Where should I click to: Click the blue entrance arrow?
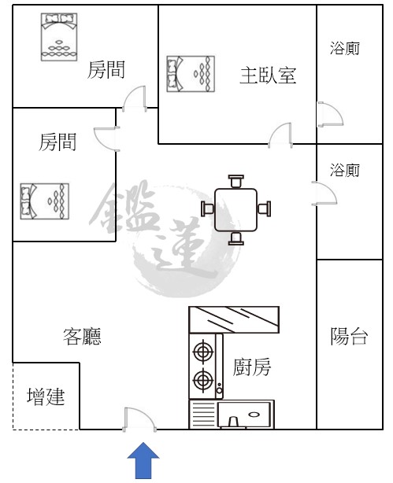(x=143, y=460)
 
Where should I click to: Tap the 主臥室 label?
(x=268, y=76)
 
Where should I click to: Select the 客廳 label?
(x=82, y=337)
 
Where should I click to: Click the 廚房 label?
(x=252, y=367)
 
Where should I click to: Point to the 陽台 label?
(x=349, y=336)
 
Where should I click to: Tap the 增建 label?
(x=46, y=396)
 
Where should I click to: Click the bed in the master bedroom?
(x=191, y=74)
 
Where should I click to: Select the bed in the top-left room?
(x=59, y=37)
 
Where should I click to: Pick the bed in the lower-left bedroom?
(x=44, y=201)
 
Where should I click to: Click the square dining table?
(x=235, y=210)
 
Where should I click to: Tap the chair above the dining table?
(x=236, y=181)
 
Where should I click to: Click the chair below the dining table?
(x=236, y=238)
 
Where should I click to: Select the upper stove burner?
(x=203, y=351)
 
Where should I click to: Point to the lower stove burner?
(x=203, y=380)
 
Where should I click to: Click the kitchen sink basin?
(x=243, y=415)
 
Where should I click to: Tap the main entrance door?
(x=139, y=419)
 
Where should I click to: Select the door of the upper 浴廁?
(x=330, y=114)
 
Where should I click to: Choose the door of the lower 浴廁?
(x=324, y=194)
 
